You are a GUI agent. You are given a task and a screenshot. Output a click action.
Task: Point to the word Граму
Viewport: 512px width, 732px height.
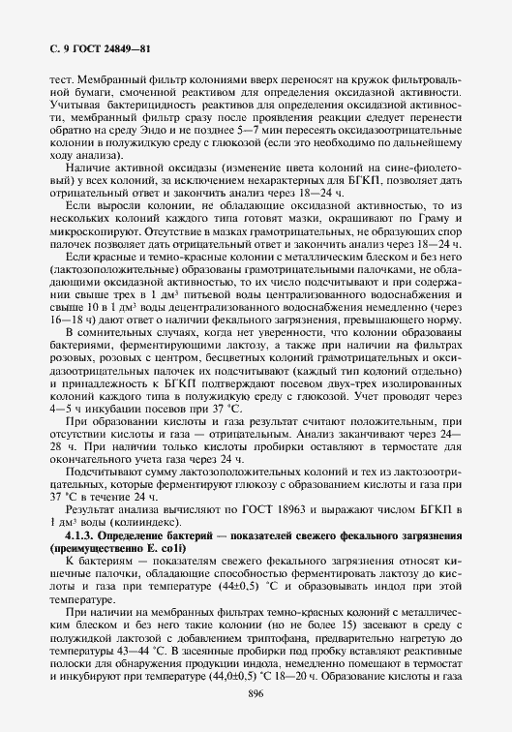(438, 233)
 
